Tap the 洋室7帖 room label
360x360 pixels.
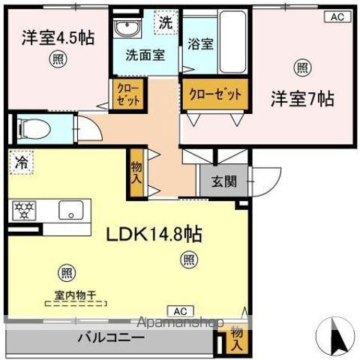click(301, 98)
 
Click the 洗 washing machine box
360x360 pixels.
click(165, 22)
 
